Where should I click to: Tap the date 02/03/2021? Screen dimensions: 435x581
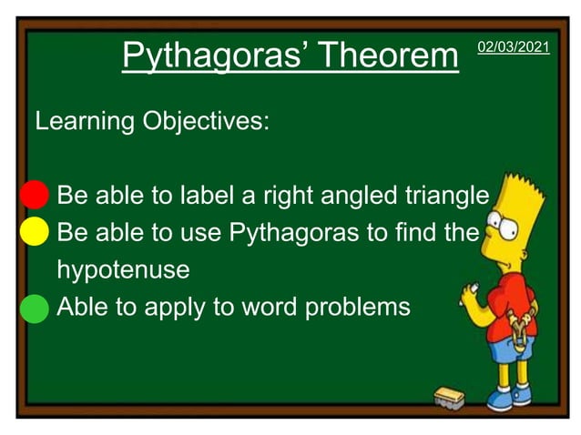514,46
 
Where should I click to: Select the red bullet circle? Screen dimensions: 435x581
34,195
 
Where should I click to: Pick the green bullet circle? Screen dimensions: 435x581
34,307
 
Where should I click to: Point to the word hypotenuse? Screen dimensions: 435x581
123,270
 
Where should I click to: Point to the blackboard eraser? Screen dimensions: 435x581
449,397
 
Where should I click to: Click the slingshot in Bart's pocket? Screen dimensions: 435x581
520,336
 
